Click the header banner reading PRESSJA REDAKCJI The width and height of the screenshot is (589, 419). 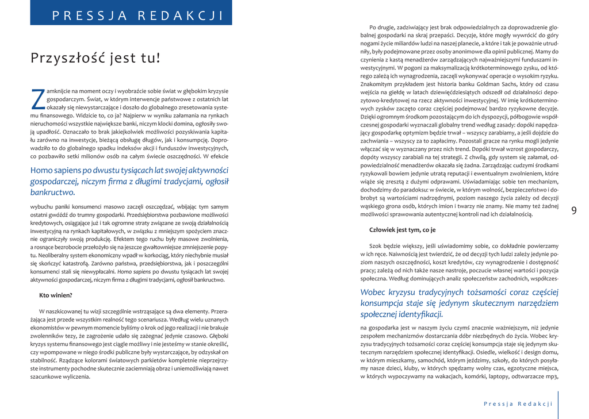click(131, 16)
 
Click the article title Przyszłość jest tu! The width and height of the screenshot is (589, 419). click(95, 58)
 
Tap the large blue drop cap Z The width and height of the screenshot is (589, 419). click(37, 98)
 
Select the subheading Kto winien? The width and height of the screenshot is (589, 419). click(55, 295)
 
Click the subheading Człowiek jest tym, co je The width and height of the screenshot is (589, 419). click(402, 230)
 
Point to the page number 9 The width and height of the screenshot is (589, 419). click(573, 210)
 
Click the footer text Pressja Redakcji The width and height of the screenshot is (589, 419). click(518, 403)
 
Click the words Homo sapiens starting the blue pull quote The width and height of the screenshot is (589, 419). click(55, 170)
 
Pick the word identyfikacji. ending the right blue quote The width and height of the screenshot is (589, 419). click(418, 314)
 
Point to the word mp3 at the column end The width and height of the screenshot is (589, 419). click(552, 376)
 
